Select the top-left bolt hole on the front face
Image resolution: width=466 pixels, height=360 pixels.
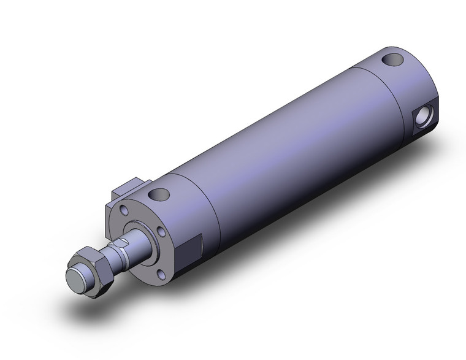click(x=126, y=210)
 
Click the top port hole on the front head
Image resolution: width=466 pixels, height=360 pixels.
click(x=161, y=196)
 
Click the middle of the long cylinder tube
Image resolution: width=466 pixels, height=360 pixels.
click(x=288, y=147)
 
